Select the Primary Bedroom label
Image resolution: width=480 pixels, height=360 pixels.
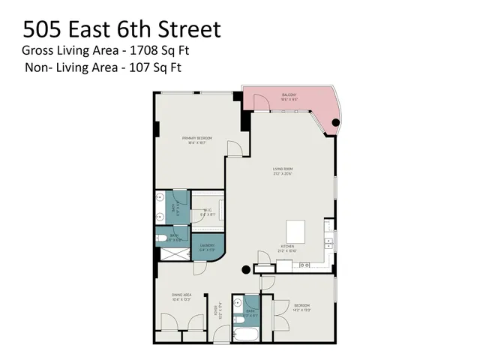point(196,140)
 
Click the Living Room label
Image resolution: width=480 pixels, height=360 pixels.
point(282,172)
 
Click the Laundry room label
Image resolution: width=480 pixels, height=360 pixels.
point(208,247)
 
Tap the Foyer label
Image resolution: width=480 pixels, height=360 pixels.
point(219,310)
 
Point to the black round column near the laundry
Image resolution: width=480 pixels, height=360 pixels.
point(244,270)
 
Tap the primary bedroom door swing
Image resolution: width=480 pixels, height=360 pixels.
point(235,150)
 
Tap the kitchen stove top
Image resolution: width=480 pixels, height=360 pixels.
point(305,265)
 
